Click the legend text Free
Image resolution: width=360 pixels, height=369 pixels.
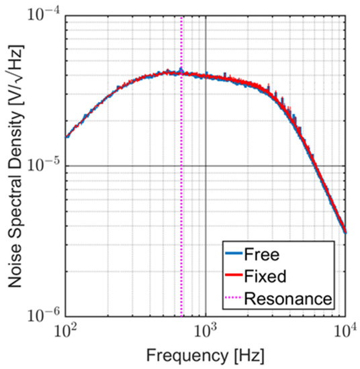[267, 255]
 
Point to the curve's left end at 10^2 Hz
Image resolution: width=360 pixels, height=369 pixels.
[66, 136]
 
